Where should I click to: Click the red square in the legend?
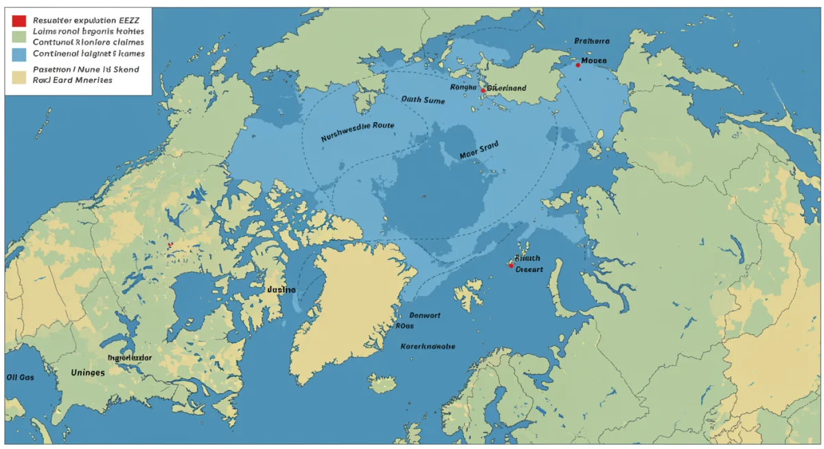coord(19,21)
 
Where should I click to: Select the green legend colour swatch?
coord(19,36)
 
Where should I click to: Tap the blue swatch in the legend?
coord(19,53)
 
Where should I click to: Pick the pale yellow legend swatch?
coord(19,75)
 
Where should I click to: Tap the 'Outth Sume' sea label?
coord(423,100)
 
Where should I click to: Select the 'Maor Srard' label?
coord(479,150)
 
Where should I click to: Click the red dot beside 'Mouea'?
coord(577,65)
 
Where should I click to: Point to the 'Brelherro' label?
coord(591,41)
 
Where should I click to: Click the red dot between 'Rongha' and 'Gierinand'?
coord(483,91)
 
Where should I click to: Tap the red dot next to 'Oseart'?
coord(511,265)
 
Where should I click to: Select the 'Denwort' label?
coord(424,316)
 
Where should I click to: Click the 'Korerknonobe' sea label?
coord(427,347)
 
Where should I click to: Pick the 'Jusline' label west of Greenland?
coord(280,290)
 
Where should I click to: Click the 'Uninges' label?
coord(87,372)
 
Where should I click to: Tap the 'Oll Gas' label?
coord(20,377)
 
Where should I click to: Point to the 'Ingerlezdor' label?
coord(130,358)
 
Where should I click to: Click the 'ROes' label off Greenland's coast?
coord(405,327)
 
